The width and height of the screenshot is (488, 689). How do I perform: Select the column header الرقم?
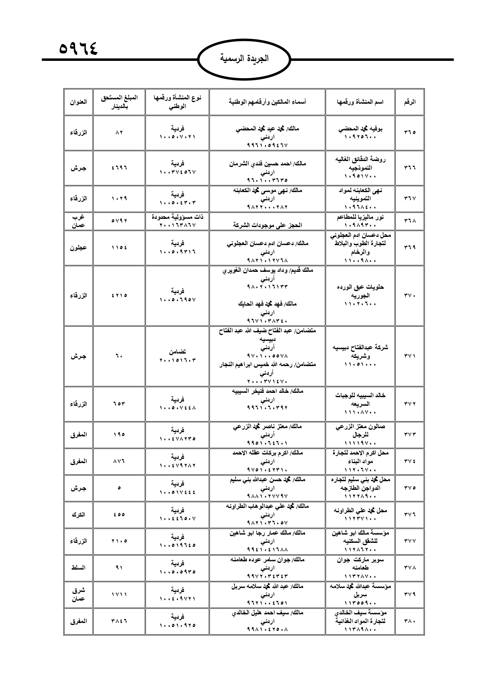409,102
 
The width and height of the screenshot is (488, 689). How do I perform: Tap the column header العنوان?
78,102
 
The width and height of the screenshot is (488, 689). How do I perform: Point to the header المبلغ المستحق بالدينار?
119,102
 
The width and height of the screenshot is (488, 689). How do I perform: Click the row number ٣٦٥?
409,132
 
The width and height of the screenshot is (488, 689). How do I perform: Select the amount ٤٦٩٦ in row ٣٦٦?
119,168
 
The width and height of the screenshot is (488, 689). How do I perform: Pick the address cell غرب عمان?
78,221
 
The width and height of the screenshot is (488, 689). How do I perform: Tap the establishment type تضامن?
177,351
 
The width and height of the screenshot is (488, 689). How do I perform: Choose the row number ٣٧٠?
409,295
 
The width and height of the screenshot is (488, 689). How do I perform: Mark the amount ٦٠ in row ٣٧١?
119,356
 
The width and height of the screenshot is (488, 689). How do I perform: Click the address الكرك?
78,514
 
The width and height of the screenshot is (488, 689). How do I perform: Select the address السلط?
78,568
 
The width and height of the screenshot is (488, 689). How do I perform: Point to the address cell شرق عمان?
78,594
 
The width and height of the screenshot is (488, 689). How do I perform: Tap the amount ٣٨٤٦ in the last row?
119,621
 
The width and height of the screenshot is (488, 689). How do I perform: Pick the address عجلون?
78,247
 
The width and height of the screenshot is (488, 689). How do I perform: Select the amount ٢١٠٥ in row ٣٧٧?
119,541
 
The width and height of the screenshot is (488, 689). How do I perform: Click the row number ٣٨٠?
409,621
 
